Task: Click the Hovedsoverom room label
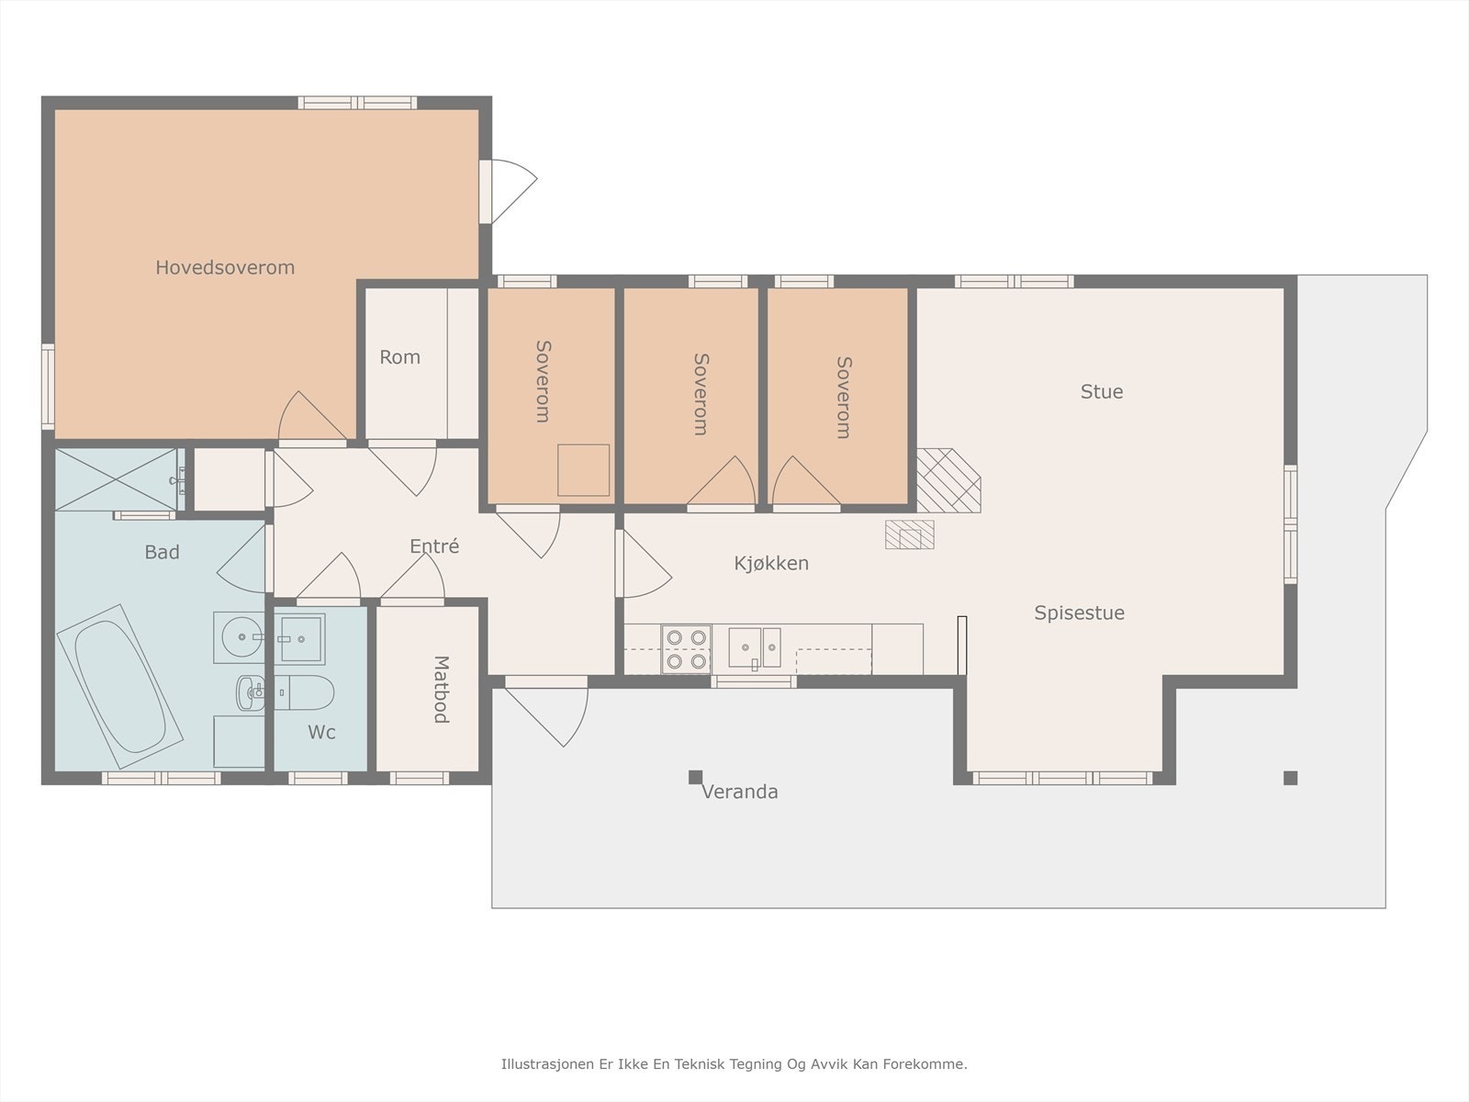225,267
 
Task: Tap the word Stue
1102,391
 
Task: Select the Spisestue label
1079,613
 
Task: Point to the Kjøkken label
771,563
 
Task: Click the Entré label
434,546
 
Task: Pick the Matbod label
441,689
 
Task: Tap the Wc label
321,732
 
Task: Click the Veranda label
739,792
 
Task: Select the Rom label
399,357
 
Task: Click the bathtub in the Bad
119,687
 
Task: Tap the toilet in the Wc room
305,692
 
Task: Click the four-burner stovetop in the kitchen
686,649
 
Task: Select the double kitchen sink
755,647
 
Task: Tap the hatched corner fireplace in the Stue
948,480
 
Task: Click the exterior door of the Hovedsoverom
508,191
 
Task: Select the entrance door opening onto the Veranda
546,711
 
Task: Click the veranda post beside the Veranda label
695,777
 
